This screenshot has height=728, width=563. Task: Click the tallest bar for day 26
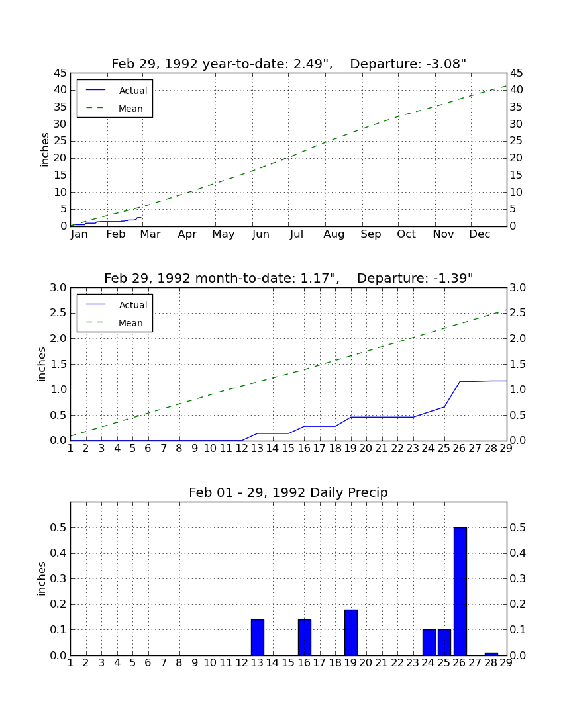[x=460, y=591]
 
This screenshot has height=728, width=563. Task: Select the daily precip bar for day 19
[x=350, y=632]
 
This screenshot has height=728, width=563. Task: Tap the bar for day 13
[x=258, y=637]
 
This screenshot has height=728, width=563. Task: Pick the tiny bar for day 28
[x=491, y=654]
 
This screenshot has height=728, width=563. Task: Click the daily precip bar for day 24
[x=429, y=642]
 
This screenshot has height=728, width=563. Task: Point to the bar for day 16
[x=304, y=637]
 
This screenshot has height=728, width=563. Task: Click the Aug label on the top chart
[x=334, y=234]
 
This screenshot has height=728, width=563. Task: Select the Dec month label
[x=480, y=234]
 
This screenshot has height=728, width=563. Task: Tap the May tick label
[x=223, y=234]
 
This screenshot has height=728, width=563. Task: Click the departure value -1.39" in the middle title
[x=453, y=278]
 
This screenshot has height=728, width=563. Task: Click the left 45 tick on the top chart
[x=60, y=73]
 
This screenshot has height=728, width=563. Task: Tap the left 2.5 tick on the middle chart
[x=58, y=313]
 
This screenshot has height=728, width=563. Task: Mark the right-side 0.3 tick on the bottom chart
[x=518, y=578]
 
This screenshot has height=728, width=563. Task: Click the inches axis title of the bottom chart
[x=42, y=578]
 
